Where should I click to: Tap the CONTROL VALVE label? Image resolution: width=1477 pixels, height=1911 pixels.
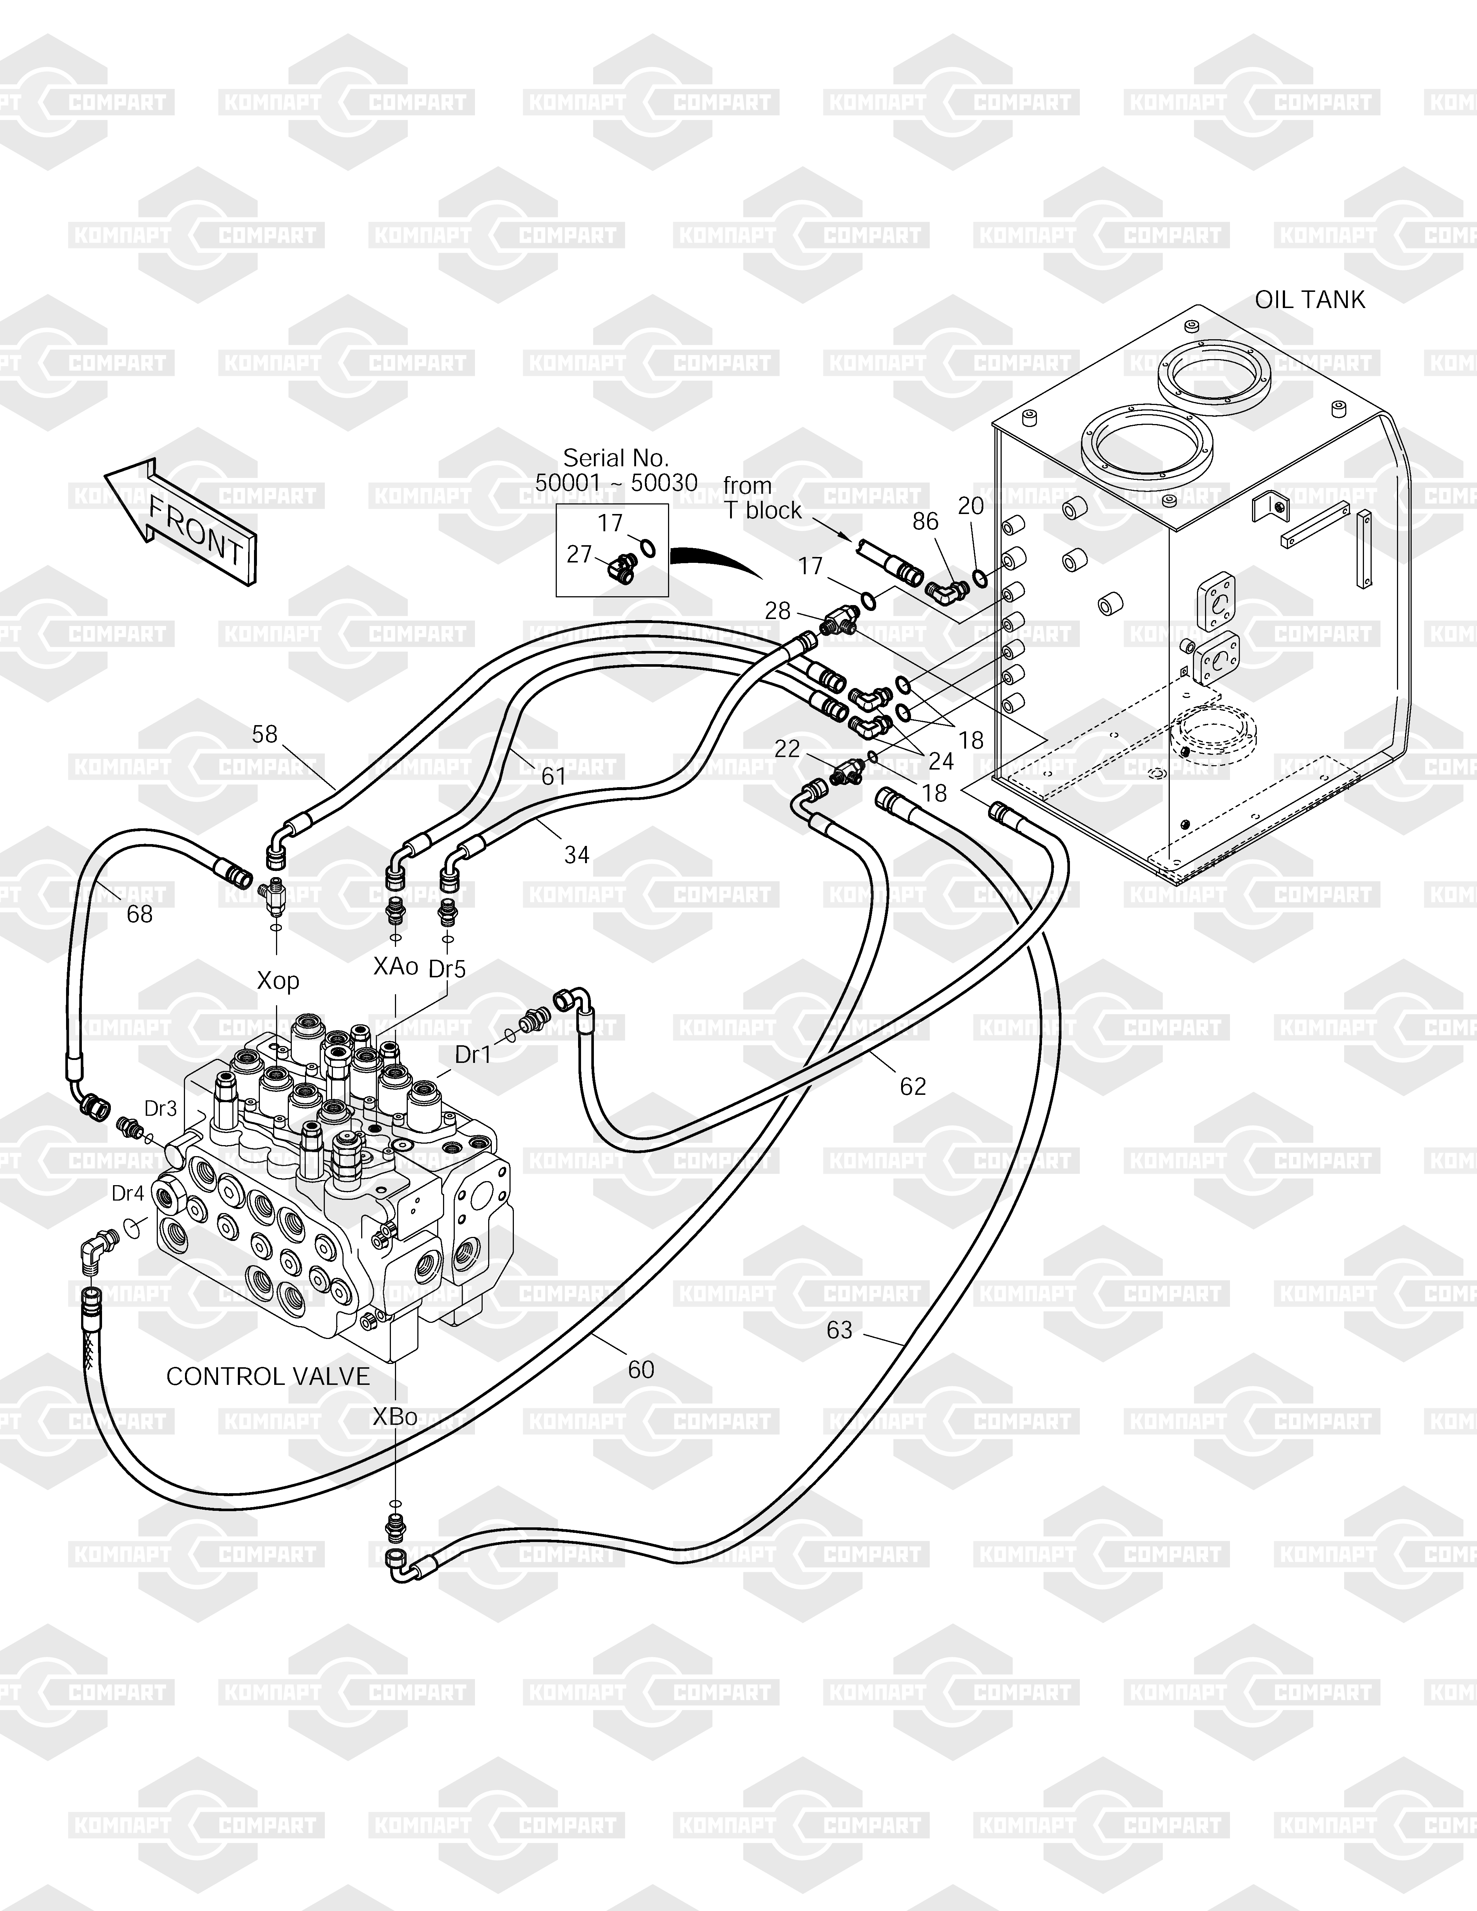(268, 1376)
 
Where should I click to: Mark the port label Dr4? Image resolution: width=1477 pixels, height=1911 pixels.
(128, 1194)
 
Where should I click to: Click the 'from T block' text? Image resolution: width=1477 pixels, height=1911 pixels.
(761, 498)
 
